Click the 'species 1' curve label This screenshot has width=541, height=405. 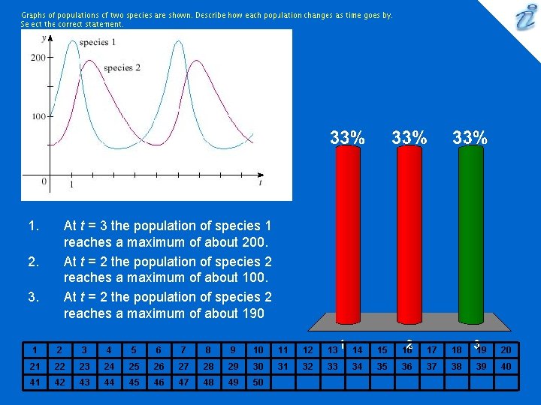97,43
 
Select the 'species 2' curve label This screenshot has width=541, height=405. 122,68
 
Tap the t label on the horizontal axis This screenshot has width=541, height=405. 260,182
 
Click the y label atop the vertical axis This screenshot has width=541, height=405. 44,37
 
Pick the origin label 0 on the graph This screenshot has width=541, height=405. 44,181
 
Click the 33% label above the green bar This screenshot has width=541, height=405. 470,137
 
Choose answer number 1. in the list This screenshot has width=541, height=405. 32,226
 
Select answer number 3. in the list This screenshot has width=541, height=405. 32,297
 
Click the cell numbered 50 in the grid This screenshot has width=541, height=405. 258,382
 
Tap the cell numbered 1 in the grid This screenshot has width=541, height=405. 34,349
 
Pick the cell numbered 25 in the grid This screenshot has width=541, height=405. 133,366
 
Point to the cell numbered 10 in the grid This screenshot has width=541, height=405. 258,349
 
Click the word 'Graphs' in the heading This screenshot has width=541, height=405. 34,15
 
